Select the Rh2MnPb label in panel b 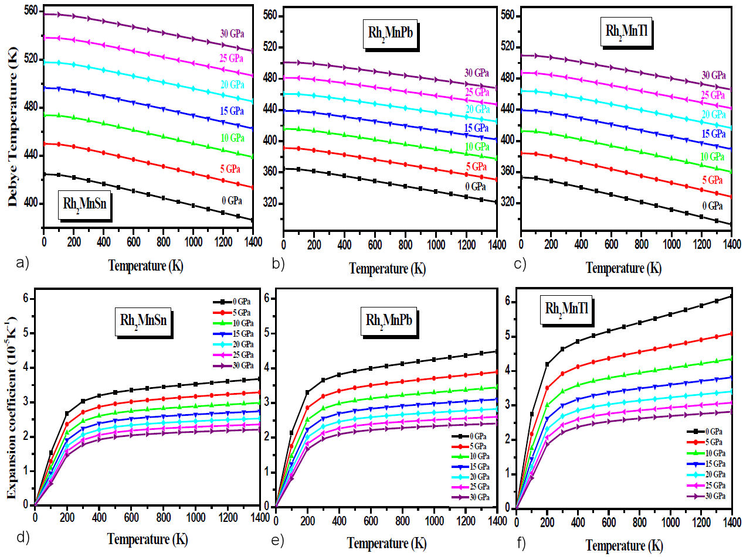point(387,43)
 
